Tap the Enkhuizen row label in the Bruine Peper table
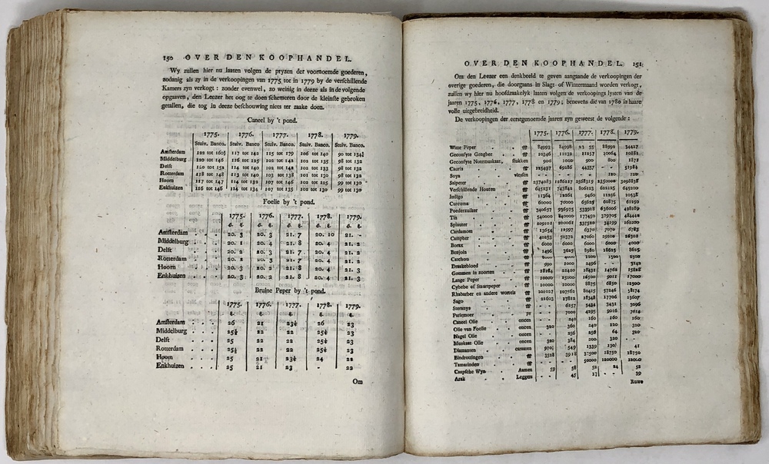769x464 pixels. click(175, 366)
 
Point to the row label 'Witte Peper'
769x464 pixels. click(464, 147)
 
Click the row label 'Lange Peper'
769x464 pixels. click(464, 277)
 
